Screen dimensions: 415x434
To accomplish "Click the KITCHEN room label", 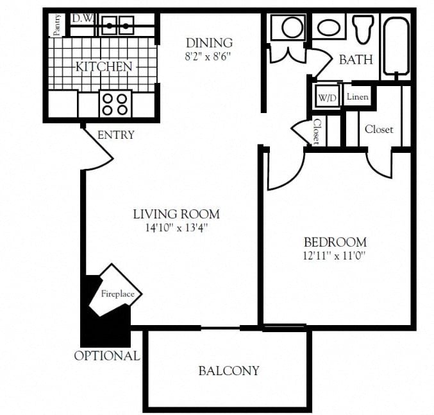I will click(x=104, y=66).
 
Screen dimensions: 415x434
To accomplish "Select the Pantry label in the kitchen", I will click(x=57, y=26).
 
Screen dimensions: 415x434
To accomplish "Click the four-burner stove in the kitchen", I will click(x=115, y=104).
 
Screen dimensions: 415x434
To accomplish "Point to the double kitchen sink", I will click(x=118, y=26).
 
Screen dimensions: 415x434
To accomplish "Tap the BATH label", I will click(x=355, y=60).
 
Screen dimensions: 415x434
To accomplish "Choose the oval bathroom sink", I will click(x=330, y=28).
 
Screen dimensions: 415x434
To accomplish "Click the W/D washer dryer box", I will click(x=326, y=98).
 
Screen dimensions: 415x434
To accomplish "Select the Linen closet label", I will click(x=357, y=97).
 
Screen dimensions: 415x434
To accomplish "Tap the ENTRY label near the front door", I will click(x=116, y=135).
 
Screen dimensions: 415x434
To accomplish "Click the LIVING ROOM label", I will click(x=176, y=214).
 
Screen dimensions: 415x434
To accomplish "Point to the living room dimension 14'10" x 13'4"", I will click(x=176, y=227).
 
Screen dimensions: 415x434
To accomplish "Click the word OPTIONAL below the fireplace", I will click(x=106, y=356).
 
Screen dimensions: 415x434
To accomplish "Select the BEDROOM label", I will click(x=335, y=242).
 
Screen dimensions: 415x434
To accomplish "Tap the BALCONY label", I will click(x=228, y=371).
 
